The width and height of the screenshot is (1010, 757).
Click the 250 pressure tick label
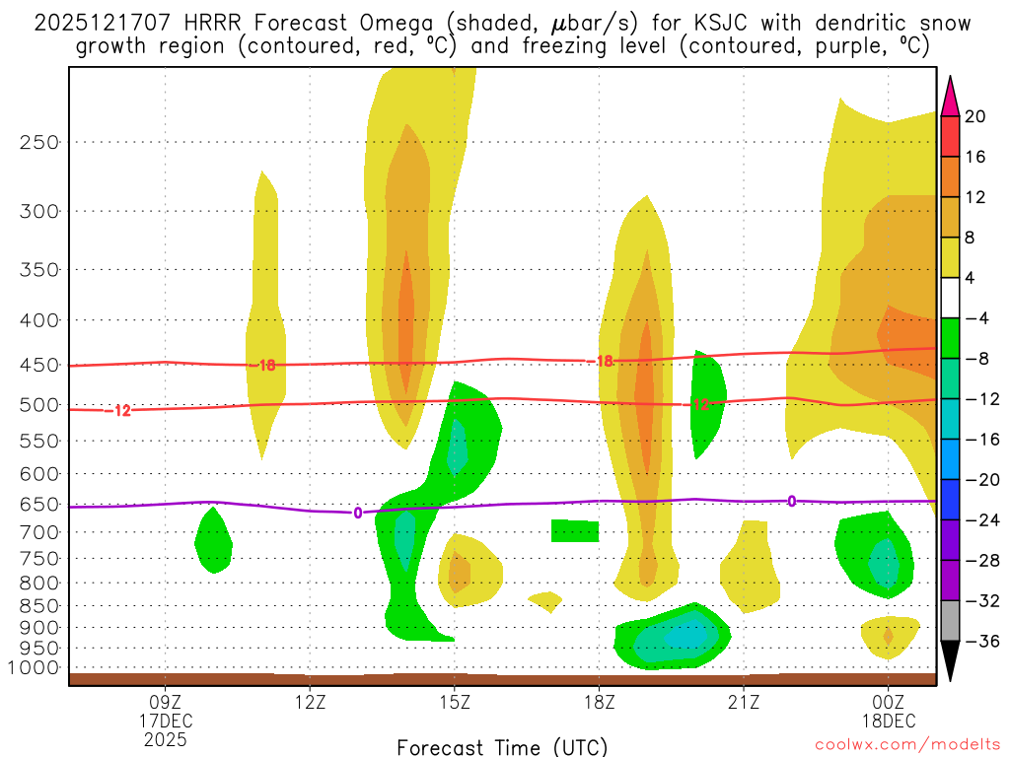[x=39, y=142]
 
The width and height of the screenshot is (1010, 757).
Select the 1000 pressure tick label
[x=35, y=668]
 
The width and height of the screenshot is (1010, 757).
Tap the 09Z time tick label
[x=165, y=703]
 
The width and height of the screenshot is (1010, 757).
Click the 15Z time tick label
[x=454, y=703]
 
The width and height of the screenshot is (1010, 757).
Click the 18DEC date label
[x=888, y=721]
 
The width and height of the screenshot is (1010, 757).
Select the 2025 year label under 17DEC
[x=165, y=738]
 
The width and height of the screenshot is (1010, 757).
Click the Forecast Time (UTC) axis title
[x=502, y=746]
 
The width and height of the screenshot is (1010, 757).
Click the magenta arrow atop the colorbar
[x=950, y=95]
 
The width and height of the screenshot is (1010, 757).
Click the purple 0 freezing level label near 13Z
[x=357, y=512]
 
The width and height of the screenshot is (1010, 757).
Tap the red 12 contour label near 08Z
[x=122, y=410]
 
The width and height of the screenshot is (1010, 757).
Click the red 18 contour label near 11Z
[x=266, y=366]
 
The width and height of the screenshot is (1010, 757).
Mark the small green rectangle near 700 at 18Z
[x=575, y=531]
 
